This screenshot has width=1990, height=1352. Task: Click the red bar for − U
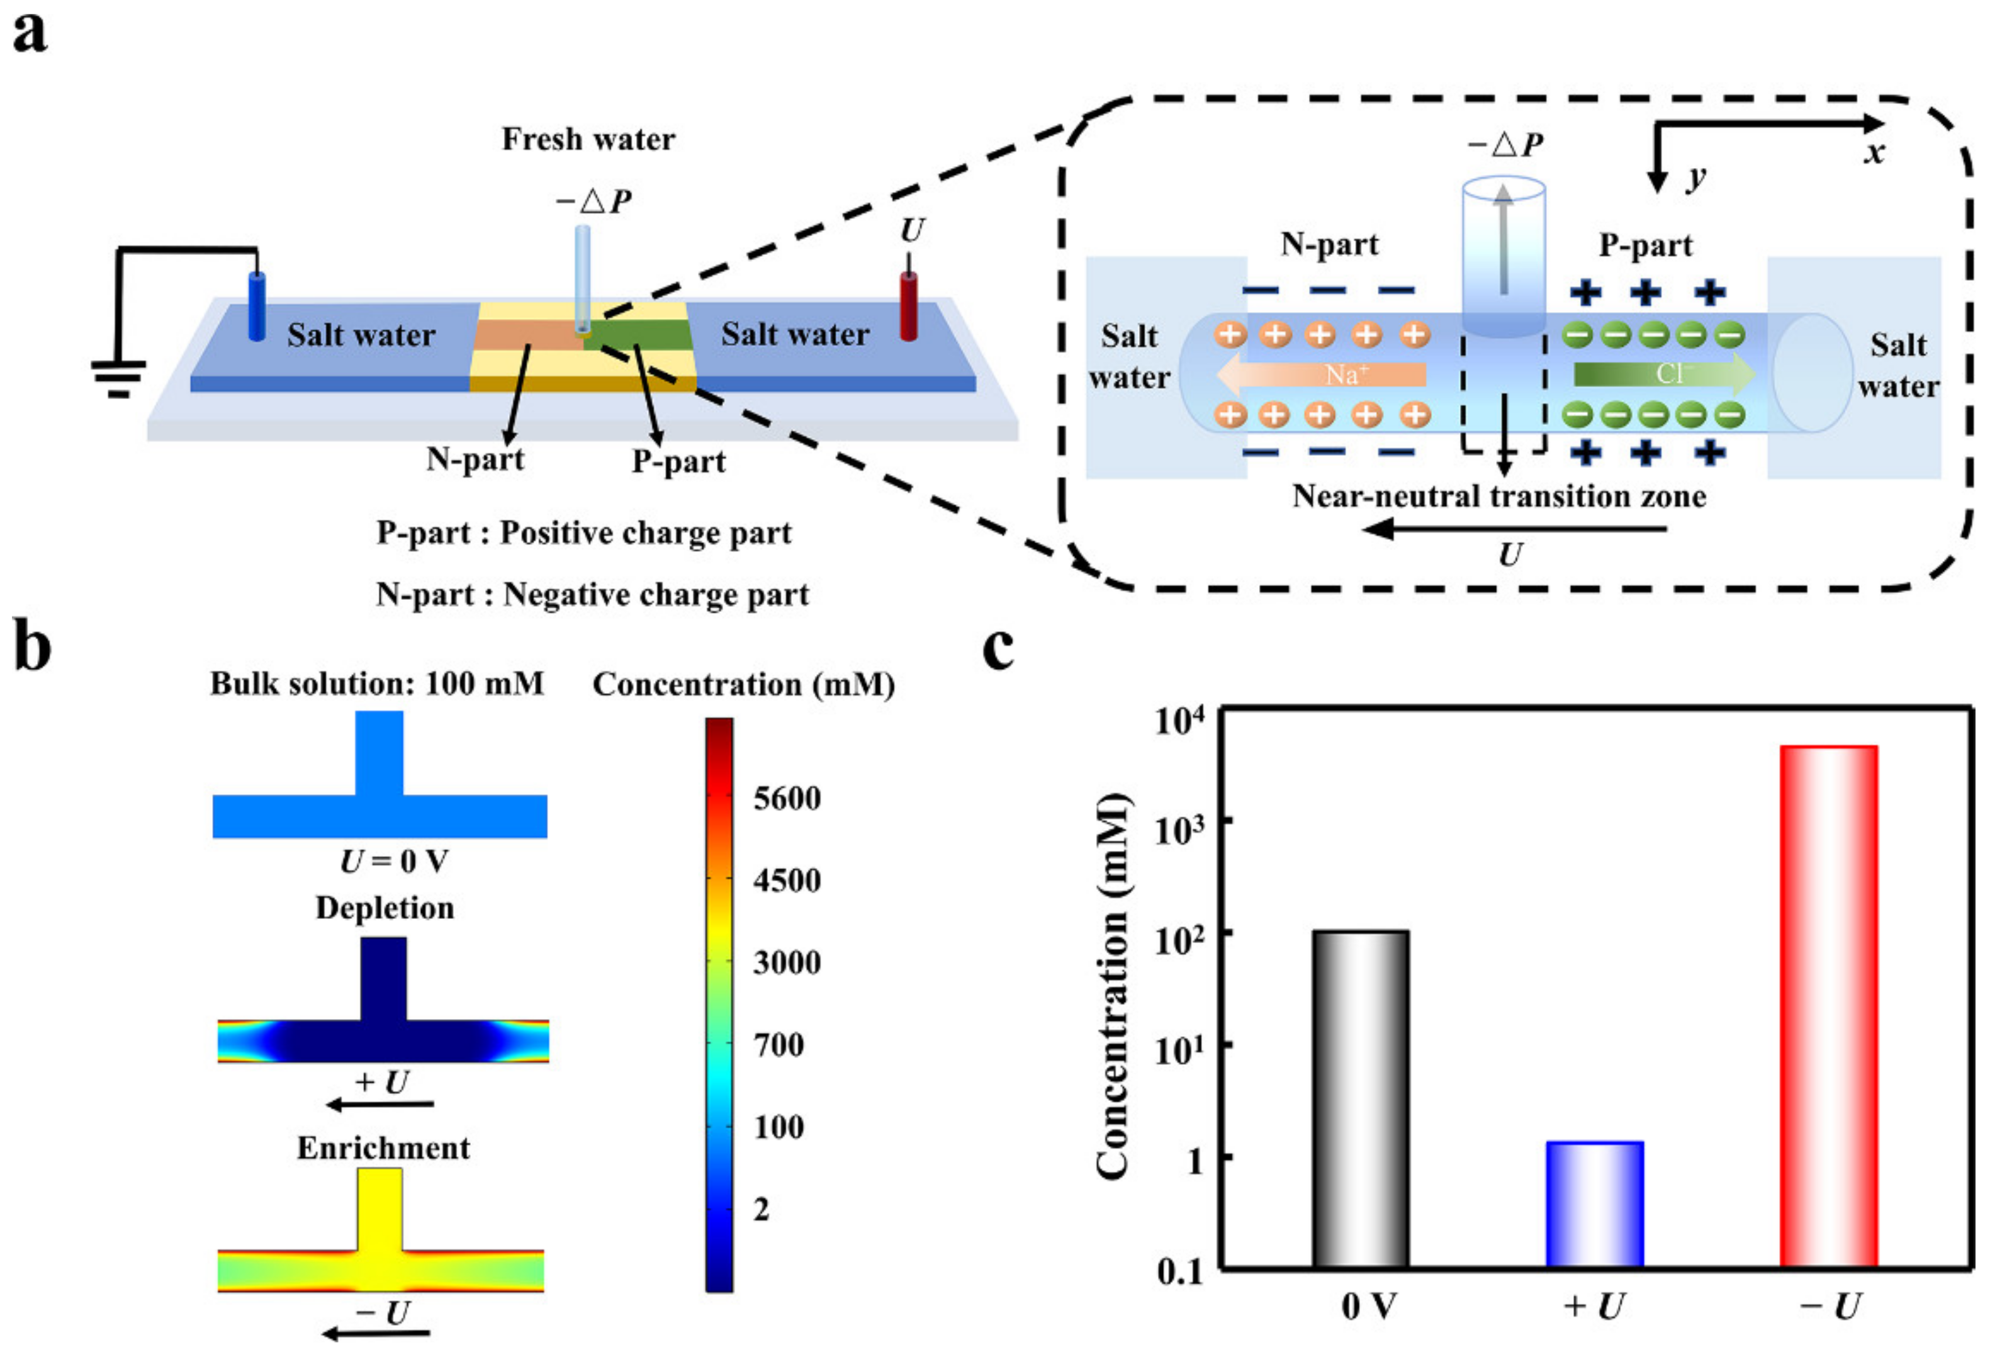click(x=1828, y=1006)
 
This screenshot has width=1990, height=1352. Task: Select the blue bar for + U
click(x=1594, y=1203)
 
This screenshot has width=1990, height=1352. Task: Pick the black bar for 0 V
click(x=1360, y=1098)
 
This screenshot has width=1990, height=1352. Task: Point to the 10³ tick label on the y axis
click(x=1180, y=828)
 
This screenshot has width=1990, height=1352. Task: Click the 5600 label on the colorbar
click(x=786, y=799)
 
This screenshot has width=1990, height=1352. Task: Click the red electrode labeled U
click(x=909, y=306)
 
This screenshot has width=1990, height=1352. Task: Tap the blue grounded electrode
click(x=256, y=306)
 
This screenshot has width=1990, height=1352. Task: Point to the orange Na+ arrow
click(x=1321, y=374)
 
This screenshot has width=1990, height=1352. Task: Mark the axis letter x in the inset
click(x=1874, y=152)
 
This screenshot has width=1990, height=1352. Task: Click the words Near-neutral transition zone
click(x=1498, y=496)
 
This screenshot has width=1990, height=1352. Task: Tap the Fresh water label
click(x=588, y=138)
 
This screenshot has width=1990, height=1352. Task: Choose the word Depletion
click(x=385, y=908)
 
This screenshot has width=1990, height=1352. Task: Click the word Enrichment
click(x=384, y=1147)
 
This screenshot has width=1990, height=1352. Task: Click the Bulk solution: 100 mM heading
click(x=377, y=684)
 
